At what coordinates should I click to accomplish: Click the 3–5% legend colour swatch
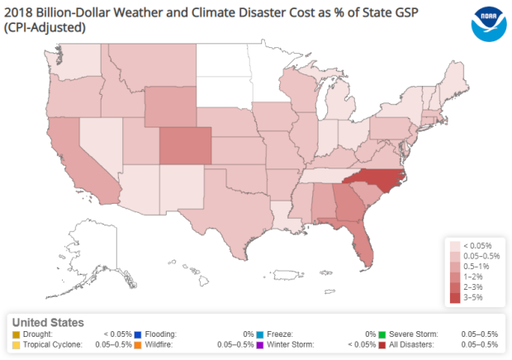[455, 297]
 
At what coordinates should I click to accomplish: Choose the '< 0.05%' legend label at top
[478, 246]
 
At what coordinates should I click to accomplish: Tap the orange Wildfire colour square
[138, 343]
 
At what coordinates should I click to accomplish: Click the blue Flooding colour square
[138, 334]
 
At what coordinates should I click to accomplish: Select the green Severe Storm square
[385, 334]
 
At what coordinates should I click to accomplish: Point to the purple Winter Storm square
[262, 343]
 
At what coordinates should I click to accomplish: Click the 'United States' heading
[48, 322]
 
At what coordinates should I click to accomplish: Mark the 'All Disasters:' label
[416, 343]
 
